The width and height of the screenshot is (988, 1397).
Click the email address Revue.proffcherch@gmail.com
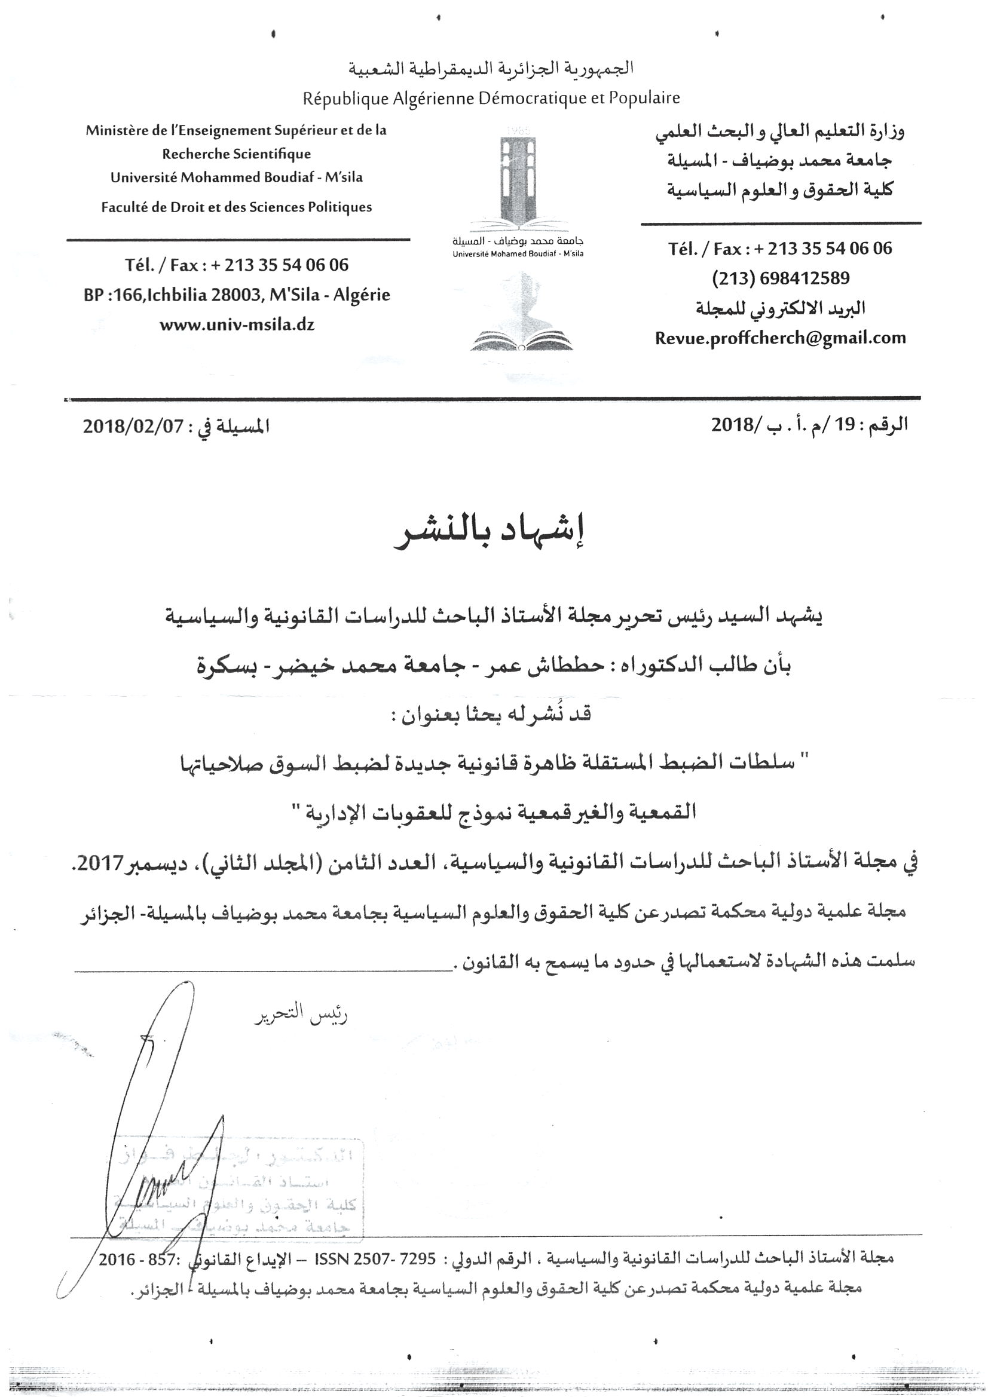pos(780,338)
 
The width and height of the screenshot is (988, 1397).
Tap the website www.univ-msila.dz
pos(237,325)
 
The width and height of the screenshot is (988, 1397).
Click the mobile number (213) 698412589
pos(781,278)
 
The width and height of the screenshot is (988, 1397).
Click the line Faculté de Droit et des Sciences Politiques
pos(236,207)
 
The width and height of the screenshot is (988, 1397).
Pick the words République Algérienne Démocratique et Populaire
pos(491,98)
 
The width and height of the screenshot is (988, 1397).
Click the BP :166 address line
pos(237,295)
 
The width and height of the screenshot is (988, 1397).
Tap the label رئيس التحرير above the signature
pos(301,1016)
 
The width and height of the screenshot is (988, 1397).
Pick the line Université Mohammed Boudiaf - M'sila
pos(236,177)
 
